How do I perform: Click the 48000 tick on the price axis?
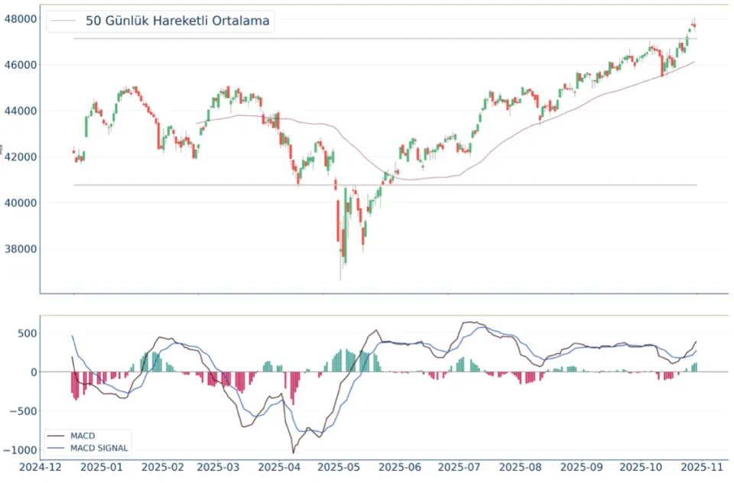click(19, 18)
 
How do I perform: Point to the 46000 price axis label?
click(19, 64)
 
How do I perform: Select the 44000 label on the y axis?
click(19, 111)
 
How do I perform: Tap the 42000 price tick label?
click(19, 157)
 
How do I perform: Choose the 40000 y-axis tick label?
click(19, 203)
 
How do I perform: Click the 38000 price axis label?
click(19, 248)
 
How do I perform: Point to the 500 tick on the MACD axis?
click(25, 333)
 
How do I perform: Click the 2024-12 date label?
click(41, 467)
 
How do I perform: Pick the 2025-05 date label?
click(338, 467)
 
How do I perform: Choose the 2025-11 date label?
click(697, 467)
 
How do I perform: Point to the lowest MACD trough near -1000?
click(293, 452)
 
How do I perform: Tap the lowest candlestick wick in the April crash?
click(341, 279)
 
